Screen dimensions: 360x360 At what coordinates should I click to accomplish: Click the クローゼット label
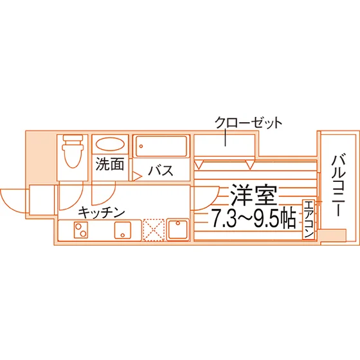pyautogui.click(x=248, y=123)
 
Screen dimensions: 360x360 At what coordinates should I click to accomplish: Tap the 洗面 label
pyautogui.click(x=110, y=164)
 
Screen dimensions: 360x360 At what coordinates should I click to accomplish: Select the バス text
pyautogui.click(x=161, y=170)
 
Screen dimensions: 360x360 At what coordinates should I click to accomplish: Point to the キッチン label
pyautogui.click(x=102, y=212)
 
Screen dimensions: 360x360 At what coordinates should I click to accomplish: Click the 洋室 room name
pyautogui.click(x=254, y=195)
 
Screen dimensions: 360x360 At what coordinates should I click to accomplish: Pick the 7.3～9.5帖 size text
pyautogui.click(x=253, y=218)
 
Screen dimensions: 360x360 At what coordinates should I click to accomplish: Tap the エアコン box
pyautogui.click(x=309, y=220)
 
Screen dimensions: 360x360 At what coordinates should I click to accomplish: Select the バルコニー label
pyautogui.click(x=339, y=186)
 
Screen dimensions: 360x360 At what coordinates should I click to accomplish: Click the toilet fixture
pyautogui.click(x=72, y=151)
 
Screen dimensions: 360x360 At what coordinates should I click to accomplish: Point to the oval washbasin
pyautogui.click(x=110, y=144)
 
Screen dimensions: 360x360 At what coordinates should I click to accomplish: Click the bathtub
pyautogui.click(x=161, y=147)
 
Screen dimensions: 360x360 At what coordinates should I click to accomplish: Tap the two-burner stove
pyautogui.click(x=81, y=230)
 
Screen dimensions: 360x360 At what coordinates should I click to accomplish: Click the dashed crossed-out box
pyautogui.click(x=154, y=230)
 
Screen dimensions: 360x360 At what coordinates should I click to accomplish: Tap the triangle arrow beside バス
pyautogui.click(x=138, y=176)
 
